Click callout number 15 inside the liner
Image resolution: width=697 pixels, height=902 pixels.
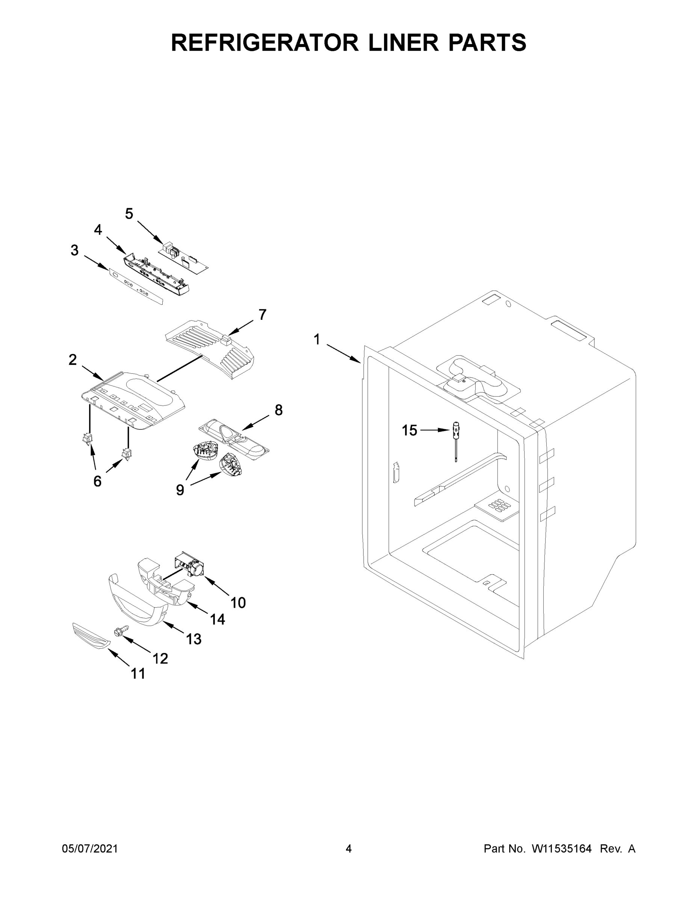(x=410, y=430)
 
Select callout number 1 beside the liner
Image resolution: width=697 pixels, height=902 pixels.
(x=317, y=339)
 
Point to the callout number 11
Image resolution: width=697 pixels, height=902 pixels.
(x=138, y=673)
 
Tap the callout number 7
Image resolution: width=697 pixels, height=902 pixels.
(x=263, y=314)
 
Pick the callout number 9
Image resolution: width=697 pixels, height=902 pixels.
(x=180, y=490)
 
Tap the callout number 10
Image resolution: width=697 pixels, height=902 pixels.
(x=238, y=602)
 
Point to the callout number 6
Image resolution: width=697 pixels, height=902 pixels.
(x=97, y=481)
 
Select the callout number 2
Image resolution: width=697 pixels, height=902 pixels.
(x=72, y=360)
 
